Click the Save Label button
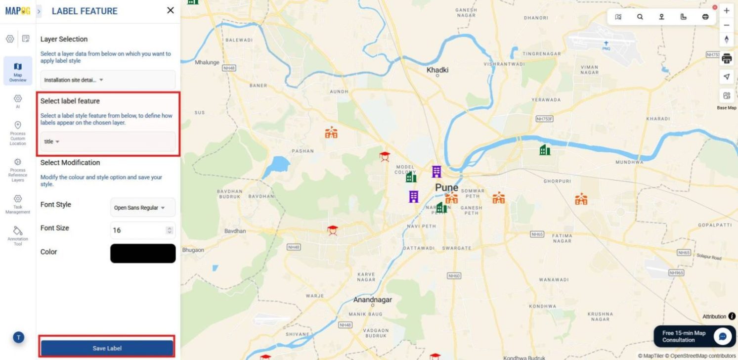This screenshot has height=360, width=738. (107, 348)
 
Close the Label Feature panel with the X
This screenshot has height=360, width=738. (171, 10)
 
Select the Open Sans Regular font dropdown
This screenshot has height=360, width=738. (142, 208)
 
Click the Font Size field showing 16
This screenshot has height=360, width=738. (138, 230)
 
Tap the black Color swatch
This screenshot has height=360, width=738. (142, 253)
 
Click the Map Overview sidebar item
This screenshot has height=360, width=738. (18, 71)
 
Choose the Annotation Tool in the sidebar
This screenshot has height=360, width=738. (18, 236)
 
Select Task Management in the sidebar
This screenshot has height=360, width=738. (18, 204)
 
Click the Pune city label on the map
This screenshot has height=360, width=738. (446, 187)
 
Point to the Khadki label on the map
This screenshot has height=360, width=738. (437, 70)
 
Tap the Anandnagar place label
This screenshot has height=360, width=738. (372, 300)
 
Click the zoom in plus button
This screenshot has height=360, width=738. (726, 10)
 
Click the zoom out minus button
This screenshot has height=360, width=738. (726, 25)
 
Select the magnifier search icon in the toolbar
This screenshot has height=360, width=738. (640, 17)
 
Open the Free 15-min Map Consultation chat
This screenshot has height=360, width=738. (722, 336)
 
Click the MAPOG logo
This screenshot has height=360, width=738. (17, 10)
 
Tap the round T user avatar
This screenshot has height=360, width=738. (18, 338)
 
